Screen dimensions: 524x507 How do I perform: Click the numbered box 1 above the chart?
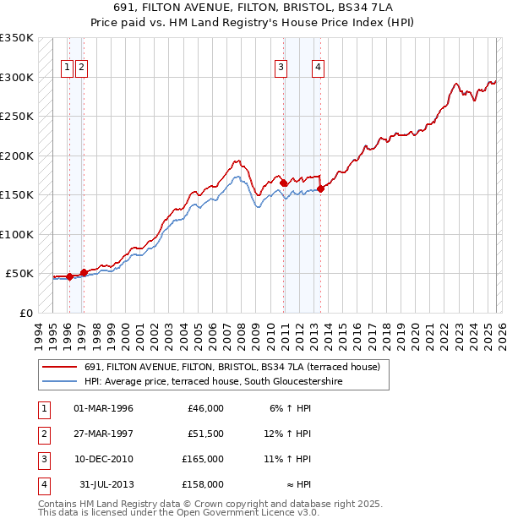point(67,69)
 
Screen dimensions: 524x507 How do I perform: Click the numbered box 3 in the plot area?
point(281,69)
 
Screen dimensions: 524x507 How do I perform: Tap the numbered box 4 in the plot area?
point(319,69)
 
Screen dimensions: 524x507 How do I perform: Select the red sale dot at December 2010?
point(283,183)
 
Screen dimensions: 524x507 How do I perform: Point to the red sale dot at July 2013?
point(321,188)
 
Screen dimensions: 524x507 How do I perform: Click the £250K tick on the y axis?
point(17,117)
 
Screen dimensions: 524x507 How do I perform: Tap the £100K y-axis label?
point(17,234)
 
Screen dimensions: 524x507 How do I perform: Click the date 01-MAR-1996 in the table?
point(104,408)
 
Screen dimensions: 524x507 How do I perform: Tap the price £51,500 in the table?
point(204,434)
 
